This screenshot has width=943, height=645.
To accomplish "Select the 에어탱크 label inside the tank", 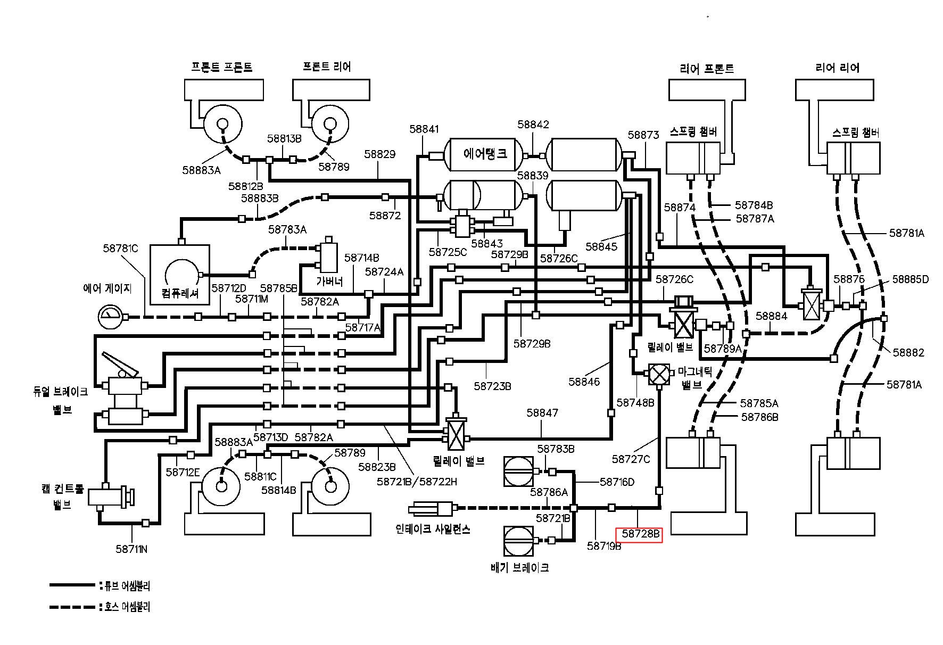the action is [x=485, y=154].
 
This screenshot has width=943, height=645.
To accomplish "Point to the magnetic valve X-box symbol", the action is [x=659, y=374].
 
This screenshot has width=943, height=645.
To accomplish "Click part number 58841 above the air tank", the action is [x=424, y=129].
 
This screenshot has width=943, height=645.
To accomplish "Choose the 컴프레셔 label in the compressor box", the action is [x=180, y=293].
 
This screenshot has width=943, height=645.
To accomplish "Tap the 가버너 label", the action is [x=329, y=281].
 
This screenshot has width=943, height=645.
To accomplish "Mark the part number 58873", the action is [x=643, y=135].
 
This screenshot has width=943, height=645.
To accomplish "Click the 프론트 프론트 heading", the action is [x=221, y=67].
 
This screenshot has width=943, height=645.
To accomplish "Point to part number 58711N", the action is [x=131, y=549].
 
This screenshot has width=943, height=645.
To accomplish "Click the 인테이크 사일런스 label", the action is [x=433, y=530].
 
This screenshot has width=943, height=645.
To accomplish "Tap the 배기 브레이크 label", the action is [x=519, y=567].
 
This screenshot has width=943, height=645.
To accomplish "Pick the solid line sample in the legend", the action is [x=72, y=585].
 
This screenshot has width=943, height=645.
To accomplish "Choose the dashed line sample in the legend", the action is [x=72, y=607].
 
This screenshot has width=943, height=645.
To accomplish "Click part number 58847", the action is [x=542, y=412].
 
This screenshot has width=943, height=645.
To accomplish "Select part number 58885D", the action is [x=911, y=279].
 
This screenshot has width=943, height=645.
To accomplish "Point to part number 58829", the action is [x=380, y=154].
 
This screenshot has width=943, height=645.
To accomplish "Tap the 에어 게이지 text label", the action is [x=107, y=288].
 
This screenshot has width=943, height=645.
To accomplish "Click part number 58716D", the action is [x=617, y=482].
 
